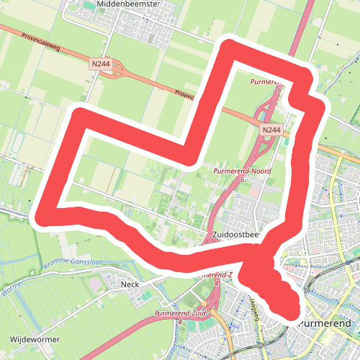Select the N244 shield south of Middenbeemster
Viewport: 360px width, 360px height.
click(101, 65)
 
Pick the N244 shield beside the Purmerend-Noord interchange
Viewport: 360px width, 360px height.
click(271, 130)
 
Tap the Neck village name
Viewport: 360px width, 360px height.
click(130, 284)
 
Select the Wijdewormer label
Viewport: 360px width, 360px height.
click(35, 338)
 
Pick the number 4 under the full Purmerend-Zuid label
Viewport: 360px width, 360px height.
click(179, 322)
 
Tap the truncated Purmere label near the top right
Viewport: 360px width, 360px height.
click(264, 82)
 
